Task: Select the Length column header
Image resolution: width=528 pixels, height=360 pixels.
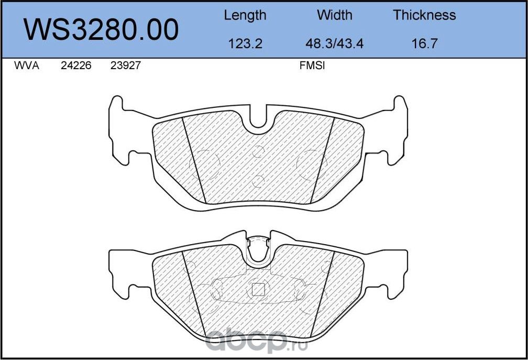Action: pyautogui.click(x=245, y=15)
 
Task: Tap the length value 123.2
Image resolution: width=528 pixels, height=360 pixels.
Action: pyautogui.click(x=245, y=43)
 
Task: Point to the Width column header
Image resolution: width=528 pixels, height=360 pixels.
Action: pyautogui.click(x=334, y=15)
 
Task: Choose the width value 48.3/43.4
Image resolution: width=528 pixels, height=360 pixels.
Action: pyautogui.click(x=334, y=43)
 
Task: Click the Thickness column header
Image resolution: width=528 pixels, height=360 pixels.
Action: pyautogui.click(x=424, y=15)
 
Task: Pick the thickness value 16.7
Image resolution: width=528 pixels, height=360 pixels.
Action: pyautogui.click(x=424, y=43)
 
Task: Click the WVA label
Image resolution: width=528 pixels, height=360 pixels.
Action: pyautogui.click(x=26, y=67)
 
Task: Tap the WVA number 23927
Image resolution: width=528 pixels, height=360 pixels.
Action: pyautogui.click(x=125, y=67)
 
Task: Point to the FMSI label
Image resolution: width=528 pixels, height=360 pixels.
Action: pyautogui.click(x=312, y=67)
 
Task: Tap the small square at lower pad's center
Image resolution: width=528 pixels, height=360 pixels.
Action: pyautogui.click(x=258, y=289)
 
